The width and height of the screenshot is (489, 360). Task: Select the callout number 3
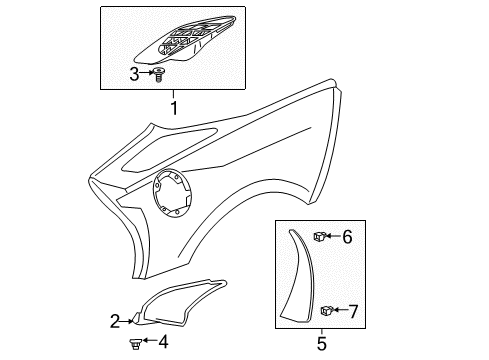[x=135, y=73]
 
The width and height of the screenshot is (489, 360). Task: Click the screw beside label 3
[x=158, y=74]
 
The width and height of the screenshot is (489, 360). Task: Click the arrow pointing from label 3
[x=147, y=73]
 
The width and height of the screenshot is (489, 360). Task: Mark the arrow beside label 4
[x=149, y=344]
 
